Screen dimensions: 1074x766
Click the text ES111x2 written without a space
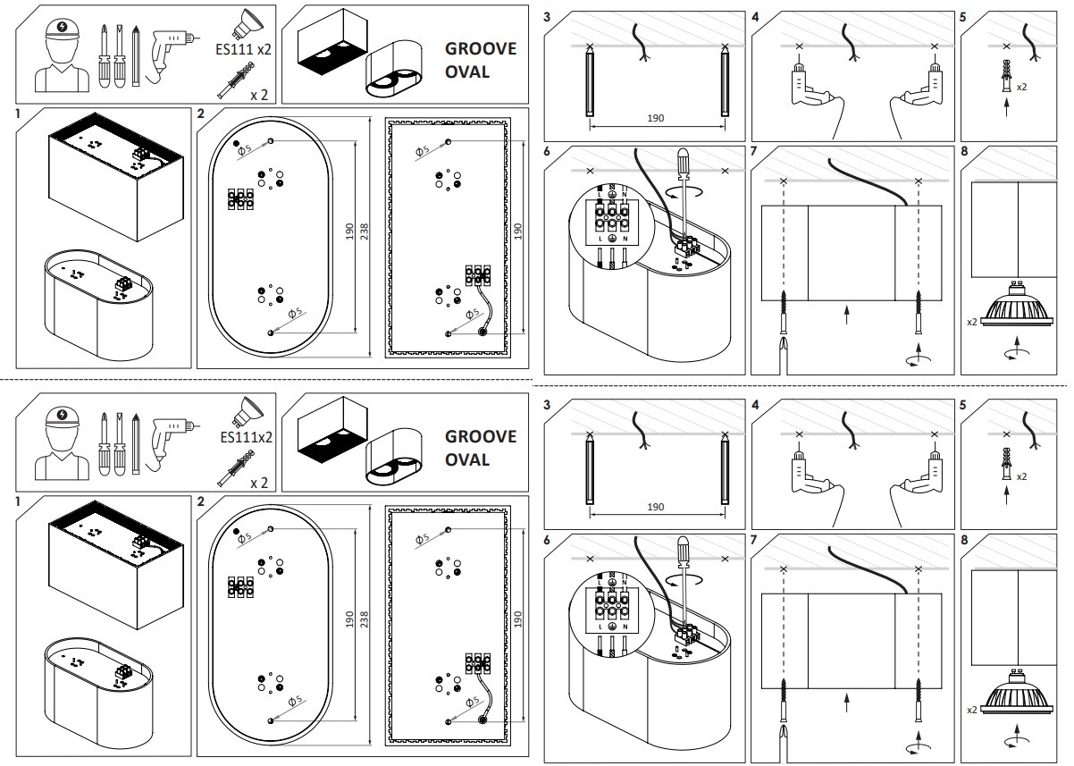click(x=246, y=437)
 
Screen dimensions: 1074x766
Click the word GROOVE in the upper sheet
click(x=481, y=48)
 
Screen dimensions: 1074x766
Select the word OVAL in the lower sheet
click(x=467, y=459)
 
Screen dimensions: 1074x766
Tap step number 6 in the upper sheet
click(x=547, y=152)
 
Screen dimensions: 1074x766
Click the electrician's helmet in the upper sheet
click(x=62, y=29)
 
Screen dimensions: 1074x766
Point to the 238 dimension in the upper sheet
click(x=364, y=231)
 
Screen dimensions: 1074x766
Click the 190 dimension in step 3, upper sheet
click(x=656, y=118)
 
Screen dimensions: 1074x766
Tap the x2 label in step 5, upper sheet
click(x=1021, y=87)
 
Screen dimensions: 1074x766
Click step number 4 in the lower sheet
click(x=755, y=405)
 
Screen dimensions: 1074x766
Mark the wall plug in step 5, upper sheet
click(x=1006, y=77)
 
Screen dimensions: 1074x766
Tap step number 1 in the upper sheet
click(x=18, y=114)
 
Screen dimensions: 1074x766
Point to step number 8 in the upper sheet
click(x=965, y=152)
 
